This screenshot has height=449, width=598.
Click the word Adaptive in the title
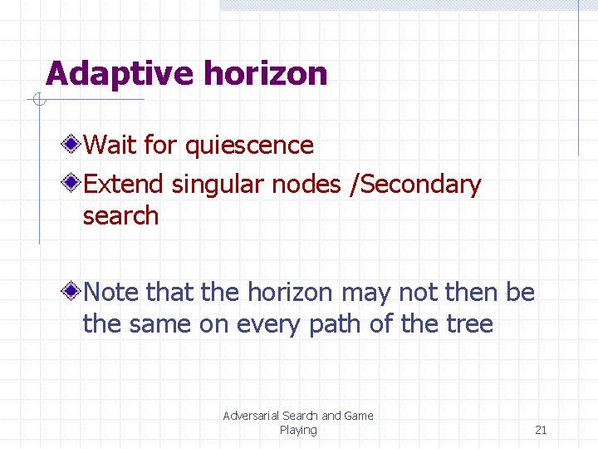coord(120,74)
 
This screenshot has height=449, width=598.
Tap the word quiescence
coord(249,146)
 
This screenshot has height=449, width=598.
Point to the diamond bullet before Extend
coord(73,183)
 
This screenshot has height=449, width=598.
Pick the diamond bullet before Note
coord(73,292)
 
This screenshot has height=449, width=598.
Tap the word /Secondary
coord(415,184)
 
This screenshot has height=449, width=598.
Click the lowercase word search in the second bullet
coord(120,215)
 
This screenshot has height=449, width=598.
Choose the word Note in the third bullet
coord(112,293)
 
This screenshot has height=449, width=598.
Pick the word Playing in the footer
coord(298,430)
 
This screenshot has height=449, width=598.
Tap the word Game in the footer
coord(359,416)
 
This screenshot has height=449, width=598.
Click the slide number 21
coord(541,430)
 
